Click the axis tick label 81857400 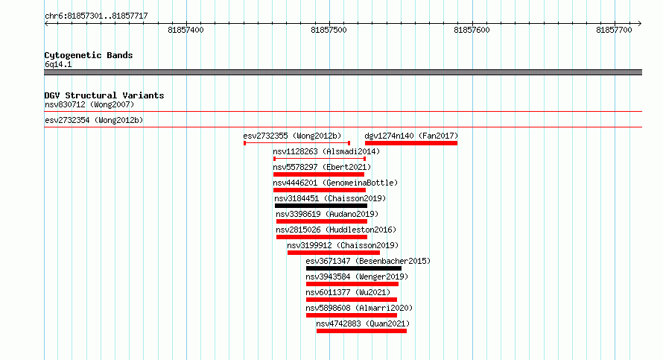[185, 30]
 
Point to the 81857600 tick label [472, 30]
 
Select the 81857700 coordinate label [614, 30]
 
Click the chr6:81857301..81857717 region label [96, 16]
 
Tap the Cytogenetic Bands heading [89, 55]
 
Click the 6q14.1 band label [58, 64]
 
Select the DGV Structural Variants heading [104, 95]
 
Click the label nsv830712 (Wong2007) [89, 104]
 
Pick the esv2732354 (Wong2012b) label [94, 120]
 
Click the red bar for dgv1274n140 [411, 143]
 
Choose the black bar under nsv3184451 [321, 206]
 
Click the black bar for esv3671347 [354, 268]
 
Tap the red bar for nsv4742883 [361, 331]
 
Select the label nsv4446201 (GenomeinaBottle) [335, 183]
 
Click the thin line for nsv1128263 [320, 159]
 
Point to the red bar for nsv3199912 [334, 253]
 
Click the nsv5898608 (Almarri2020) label [359, 308]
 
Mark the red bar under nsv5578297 [319, 174]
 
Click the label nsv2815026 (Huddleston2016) [336, 230]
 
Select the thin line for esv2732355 [296, 143]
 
